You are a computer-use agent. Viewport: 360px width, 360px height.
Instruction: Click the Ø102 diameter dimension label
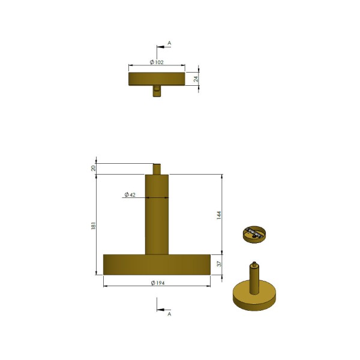(157, 62)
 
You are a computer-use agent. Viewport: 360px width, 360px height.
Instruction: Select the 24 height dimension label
(196, 79)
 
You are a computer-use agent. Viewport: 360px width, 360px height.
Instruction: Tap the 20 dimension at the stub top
(93, 168)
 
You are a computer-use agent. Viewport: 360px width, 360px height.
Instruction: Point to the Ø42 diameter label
(130, 194)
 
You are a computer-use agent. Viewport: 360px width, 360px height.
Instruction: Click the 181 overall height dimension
(93, 226)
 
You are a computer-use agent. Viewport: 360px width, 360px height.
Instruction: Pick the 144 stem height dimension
(219, 215)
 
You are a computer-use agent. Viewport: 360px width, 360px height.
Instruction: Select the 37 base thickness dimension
(219, 264)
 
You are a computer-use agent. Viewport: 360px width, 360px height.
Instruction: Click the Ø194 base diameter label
(158, 283)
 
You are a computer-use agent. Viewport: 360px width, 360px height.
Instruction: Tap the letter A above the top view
(169, 43)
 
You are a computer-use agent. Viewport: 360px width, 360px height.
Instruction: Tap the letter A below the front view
(169, 314)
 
